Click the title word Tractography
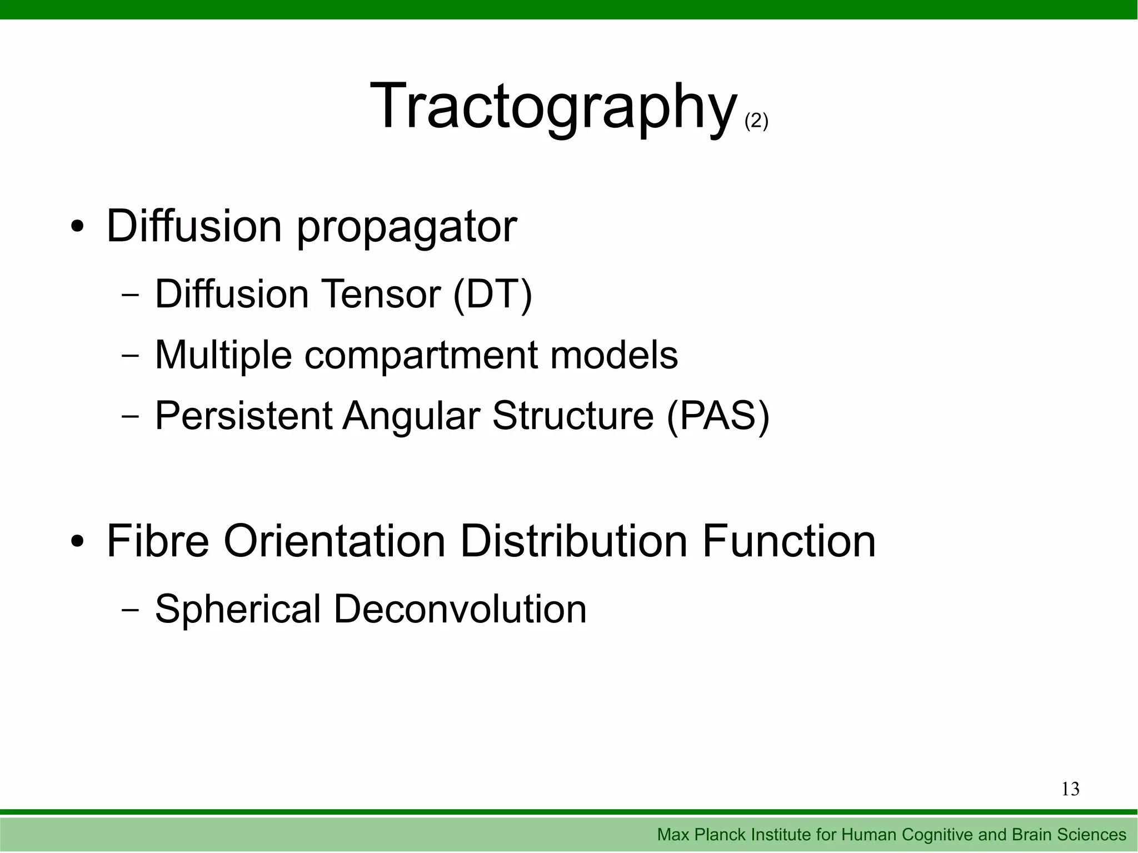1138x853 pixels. coord(553,107)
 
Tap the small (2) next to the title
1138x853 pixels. coord(756,121)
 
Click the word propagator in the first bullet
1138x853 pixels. coord(407,227)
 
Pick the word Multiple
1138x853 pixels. coord(223,355)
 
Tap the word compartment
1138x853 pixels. coord(421,355)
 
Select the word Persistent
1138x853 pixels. coord(243,416)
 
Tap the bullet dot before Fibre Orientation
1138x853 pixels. coord(78,542)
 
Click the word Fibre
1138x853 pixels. coord(157,542)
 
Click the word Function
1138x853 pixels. coord(788,542)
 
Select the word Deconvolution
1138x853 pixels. coord(460,610)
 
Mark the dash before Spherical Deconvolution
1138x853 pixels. coord(130,610)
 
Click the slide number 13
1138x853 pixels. coord(1070,789)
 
